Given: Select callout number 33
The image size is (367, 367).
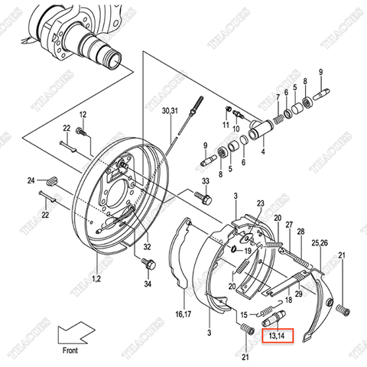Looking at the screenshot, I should (205, 181).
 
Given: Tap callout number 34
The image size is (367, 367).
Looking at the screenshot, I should (148, 284).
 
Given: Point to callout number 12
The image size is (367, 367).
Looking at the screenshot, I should (83, 115).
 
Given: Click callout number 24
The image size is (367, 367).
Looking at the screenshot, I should (31, 181).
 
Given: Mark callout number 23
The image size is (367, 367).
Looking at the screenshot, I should (261, 203).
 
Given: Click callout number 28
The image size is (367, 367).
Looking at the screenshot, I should (300, 231).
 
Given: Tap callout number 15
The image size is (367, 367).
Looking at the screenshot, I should (242, 314).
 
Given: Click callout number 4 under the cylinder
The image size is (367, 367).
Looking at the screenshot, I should (263, 151).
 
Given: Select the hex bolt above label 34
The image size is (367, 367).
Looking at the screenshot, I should (148, 265).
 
